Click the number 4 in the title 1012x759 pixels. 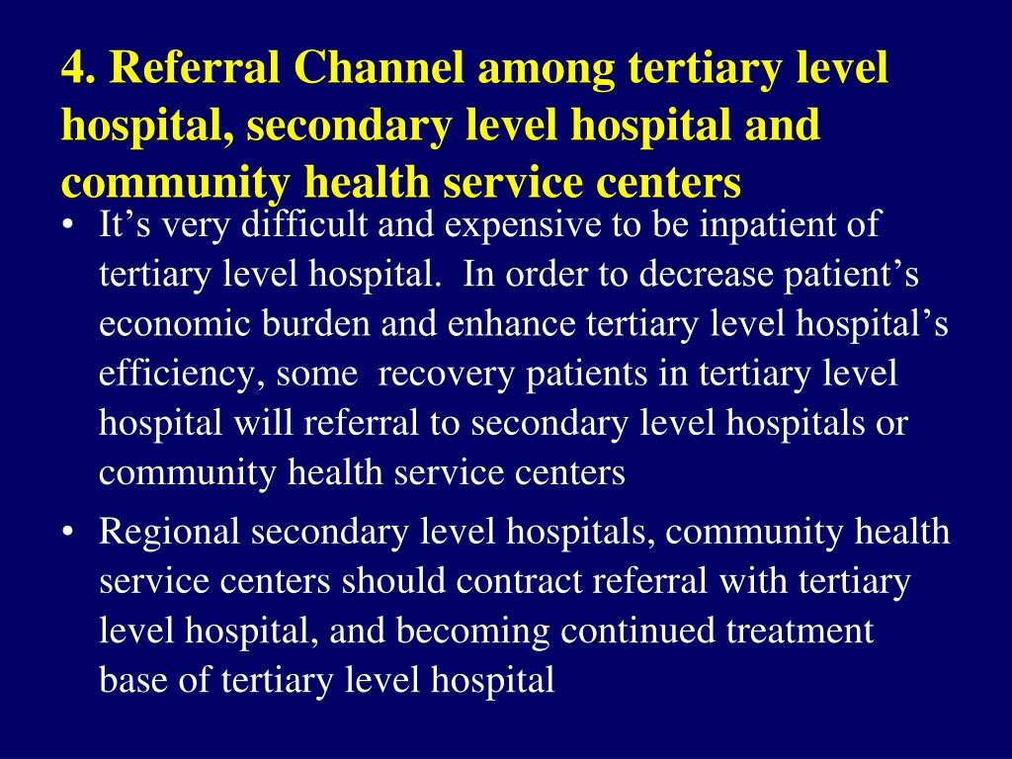pos(73,69)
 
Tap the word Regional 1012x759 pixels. pos(170,533)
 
